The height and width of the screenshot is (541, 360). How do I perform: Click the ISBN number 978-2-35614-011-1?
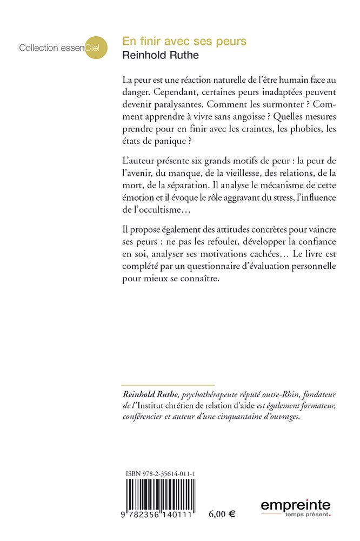(160, 474)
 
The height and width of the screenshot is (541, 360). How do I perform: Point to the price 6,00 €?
(222, 514)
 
